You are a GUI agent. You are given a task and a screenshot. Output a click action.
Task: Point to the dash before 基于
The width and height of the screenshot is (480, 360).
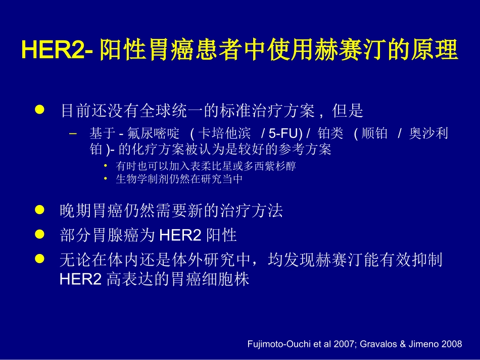(72, 134)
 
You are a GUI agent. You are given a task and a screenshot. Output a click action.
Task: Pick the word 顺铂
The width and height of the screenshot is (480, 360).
(375, 134)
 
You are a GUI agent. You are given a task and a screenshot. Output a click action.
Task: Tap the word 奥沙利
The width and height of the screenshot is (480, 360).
(428, 134)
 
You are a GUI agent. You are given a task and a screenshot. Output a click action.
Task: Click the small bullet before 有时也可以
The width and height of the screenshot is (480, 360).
(105, 166)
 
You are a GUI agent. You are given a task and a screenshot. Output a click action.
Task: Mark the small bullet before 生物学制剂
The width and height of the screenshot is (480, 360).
(105, 178)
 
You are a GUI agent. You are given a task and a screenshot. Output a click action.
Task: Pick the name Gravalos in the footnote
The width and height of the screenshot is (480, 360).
(377, 344)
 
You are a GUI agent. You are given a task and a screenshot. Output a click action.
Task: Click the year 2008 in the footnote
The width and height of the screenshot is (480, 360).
(452, 344)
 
